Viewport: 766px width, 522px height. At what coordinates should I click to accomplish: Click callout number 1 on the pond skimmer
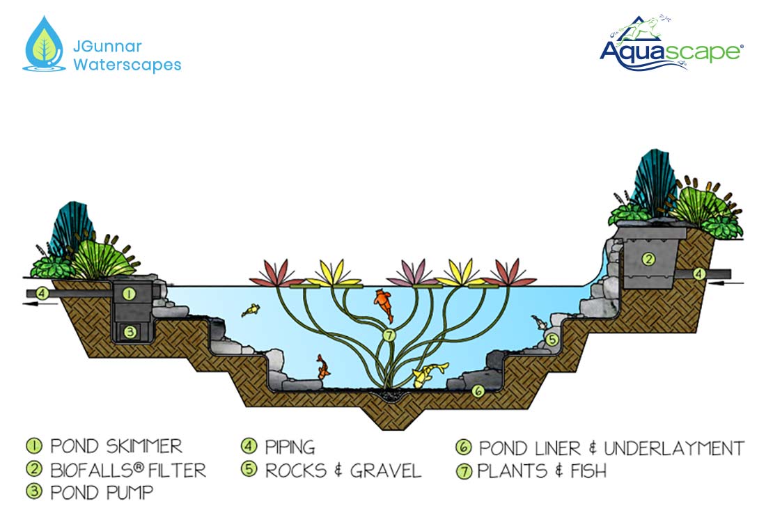pyautogui.click(x=129, y=294)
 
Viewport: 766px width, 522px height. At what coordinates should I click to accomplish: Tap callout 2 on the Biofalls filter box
pyautogui.click(x=648, y=259)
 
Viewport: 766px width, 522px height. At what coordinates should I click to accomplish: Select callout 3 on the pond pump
pyautogui.click(x=130, y=332)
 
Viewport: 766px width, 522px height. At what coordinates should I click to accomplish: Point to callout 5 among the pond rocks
pyautogui.click(x=552, y=339)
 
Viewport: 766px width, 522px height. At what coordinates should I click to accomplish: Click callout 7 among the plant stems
pyautogui.click(x=389, y=335)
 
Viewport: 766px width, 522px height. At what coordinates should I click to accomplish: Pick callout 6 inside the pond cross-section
pyautogui.click(x=478, y=390)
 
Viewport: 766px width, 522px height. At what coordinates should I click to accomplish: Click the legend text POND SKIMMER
pyautogui.click(x=116, y=446)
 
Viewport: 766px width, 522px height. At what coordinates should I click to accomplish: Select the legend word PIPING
pyautogui.click(x=290, y=447)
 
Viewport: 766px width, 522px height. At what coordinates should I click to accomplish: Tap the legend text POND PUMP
pyautogui.click(x=102, y=492)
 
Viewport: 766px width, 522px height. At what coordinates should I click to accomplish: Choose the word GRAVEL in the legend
pyautogui.click(x=386, y=470)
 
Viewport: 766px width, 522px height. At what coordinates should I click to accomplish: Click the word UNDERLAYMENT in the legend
pyautogui.click(x=674, y=448)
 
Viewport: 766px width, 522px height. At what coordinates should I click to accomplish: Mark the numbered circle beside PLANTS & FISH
pyautogui.click(x=464, y=471)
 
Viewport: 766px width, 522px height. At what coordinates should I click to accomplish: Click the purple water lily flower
pyautogui.click(x=413, y=273)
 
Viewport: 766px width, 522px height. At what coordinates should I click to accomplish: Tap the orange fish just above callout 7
pyautogui.click(x=384, y=305)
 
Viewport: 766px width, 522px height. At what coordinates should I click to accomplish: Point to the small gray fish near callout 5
pyautogui.click(x=538, y=321)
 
